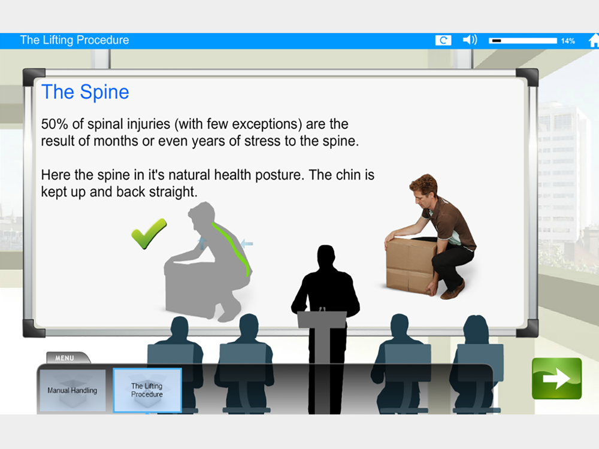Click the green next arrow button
(556, 378)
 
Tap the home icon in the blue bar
(594, 41)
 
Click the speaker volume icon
(470, 40)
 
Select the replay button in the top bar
(443, 40)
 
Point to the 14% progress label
(568, 41)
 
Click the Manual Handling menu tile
(72, 390)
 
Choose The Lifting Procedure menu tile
(147, 390)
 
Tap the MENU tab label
(65, 358)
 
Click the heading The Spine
(85, 92)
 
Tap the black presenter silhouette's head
(326, 256)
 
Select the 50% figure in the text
(55, 124)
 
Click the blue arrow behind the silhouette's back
(247, 243)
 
